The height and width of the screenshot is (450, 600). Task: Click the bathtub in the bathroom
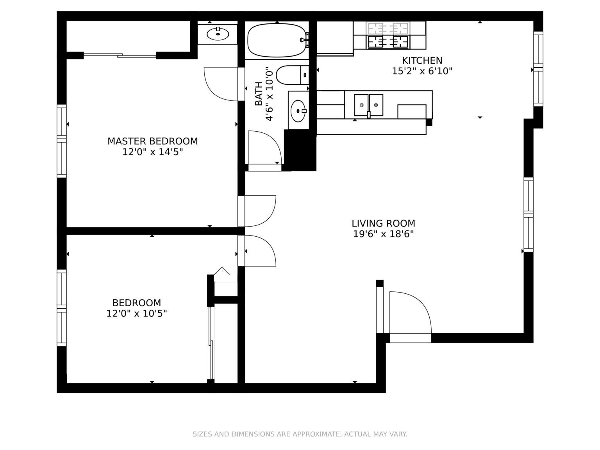coord(277,40)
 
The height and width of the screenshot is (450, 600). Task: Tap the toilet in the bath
coord(292,75)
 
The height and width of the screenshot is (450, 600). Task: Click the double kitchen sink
coord(368,105)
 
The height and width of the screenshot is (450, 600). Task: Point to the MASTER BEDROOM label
coord(152,141)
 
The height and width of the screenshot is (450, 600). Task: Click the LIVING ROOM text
coord(383,223)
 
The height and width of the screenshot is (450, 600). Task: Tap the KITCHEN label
coord(422,61)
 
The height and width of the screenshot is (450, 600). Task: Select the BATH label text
coord(259,93)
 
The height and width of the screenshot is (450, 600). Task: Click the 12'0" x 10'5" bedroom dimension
coord(136,313)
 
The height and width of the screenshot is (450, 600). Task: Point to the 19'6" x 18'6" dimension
coord(383,234)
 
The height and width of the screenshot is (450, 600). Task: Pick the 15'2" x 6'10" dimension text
coord(422,71)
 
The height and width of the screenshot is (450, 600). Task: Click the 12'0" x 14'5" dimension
coord(152,152)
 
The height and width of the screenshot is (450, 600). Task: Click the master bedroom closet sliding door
coord(120,55)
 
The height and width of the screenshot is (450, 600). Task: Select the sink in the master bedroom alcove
coord(218,34)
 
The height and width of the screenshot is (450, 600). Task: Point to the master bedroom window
coord(62,141)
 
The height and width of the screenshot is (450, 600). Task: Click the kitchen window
coord(538,69)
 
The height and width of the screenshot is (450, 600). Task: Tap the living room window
coord(529,215)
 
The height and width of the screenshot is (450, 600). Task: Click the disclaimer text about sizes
coord(300,434)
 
